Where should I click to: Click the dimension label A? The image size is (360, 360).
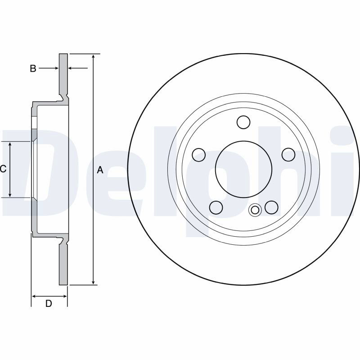[x=100, y=170]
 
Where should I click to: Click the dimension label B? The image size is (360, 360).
[x=33, y=68]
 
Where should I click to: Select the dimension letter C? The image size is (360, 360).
[x=3, y=169]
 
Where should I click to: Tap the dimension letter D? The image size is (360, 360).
[x=49, y=303]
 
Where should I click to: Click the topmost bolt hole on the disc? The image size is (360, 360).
[x=243, y=122]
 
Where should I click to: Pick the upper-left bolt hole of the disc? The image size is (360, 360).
[x=199, y=155]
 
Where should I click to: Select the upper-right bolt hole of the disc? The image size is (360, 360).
[x=288, y=154]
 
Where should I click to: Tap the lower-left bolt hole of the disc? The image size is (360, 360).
[x=216, y=207]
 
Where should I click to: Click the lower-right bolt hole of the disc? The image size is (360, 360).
[x=271, y=207]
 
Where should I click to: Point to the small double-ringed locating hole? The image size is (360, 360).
[x=255, y=210]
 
